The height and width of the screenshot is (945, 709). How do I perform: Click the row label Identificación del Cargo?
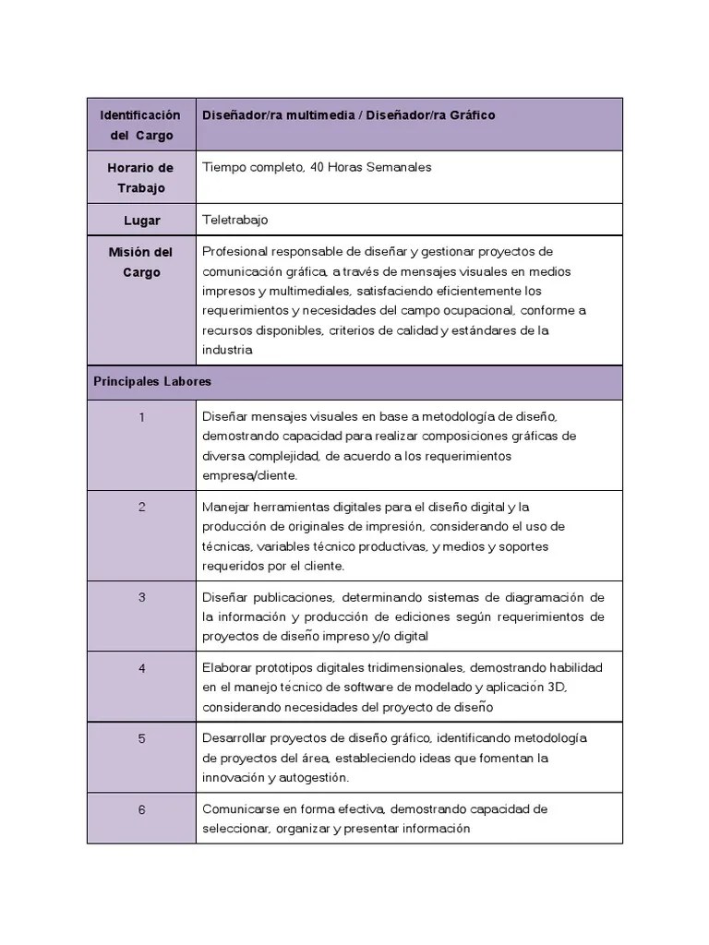[x=141, y=126]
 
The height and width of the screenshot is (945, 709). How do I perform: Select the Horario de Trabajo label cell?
[x=141, y=178]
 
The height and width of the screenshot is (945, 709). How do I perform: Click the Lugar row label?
[x=141, y=221]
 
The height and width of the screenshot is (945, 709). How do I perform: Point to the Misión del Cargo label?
[x=141, y=262]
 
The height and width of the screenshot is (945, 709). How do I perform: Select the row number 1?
[x=141, y=417]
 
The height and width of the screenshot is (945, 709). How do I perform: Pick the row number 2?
[x=141, y=507]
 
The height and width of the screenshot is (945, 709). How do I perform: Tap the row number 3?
[x=141, y=597]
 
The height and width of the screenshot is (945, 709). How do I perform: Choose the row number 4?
[x=141, y=667]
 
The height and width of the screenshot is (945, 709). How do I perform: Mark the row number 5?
[x=141, y=738]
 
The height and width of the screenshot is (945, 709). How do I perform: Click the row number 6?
[x=141, y=809]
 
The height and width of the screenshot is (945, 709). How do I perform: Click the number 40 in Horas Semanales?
[x=320, y=168]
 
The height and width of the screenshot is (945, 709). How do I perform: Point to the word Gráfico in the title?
[x=473, y=115]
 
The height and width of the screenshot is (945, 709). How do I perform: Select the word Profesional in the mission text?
[x=233, y=252]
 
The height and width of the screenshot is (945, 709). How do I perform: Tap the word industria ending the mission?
[x=227, y=351]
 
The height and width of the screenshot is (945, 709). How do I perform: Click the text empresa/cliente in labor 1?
[x=249, y=476]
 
